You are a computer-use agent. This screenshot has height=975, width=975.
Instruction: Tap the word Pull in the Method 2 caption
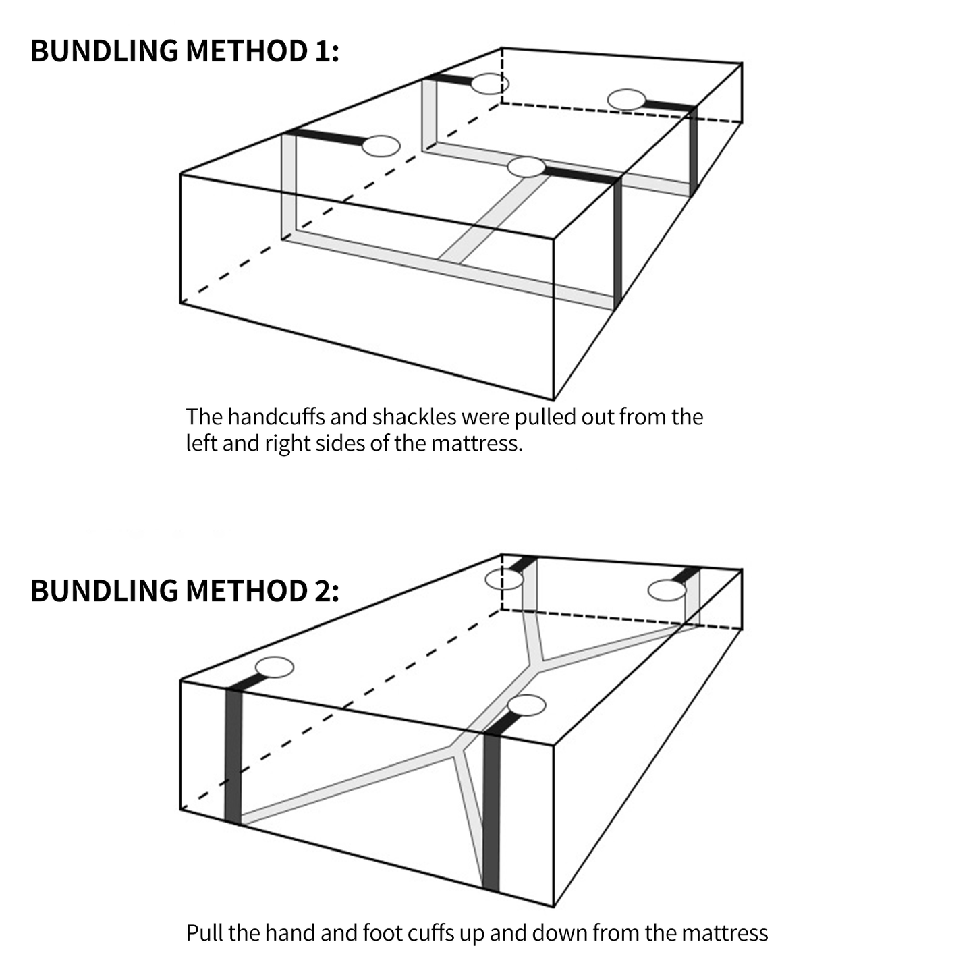[x=204, y=933]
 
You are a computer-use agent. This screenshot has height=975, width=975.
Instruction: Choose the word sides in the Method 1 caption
[x=362, y=443]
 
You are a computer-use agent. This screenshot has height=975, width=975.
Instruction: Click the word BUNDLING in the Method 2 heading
[x=104, y=591]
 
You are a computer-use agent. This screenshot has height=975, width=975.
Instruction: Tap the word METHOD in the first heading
[x=246, y=51]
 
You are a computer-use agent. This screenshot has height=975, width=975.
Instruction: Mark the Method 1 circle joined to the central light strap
[x=526, y=167]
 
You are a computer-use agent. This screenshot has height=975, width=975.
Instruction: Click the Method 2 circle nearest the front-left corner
[x=275, y=667]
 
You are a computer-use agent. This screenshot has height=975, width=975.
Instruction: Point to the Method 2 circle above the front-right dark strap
[x=526, y=705]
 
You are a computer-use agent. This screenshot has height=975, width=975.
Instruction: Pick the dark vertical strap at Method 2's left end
[x=233, y=756]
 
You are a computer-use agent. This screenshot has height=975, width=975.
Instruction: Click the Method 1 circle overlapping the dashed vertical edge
[x=490, y=84]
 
